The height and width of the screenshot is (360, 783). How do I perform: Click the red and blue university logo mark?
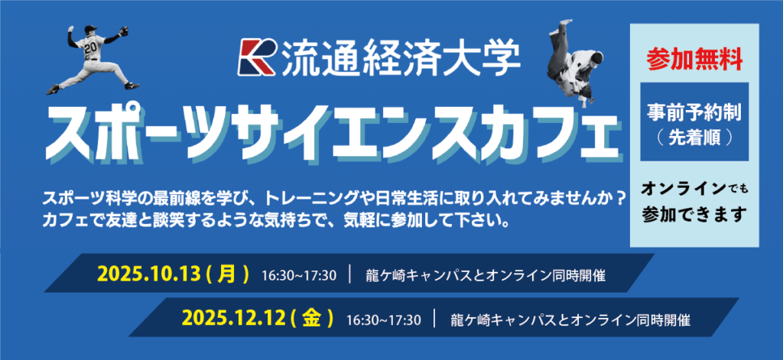pyautogui.click(x=257, y=56)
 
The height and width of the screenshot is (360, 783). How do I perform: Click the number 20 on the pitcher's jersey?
pyautogui.click(x=90, y=48)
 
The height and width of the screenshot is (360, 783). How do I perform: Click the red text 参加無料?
pyautogui.click(x=694, y=60)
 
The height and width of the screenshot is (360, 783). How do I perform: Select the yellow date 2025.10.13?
pyautogui.click(x=148, y=274)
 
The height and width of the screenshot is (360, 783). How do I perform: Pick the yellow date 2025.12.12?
pyautogui.click(x=232, y=317)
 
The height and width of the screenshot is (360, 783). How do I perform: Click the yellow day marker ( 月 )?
pyautogui.click(x=226, y=274)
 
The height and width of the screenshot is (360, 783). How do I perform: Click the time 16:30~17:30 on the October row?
pyautogui.click(x=299, y=275)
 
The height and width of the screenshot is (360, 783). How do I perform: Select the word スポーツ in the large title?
pyautogui.click(x=127, y=131)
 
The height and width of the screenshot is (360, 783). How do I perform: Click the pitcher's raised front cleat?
pyautogui.click(x=53, y=89)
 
